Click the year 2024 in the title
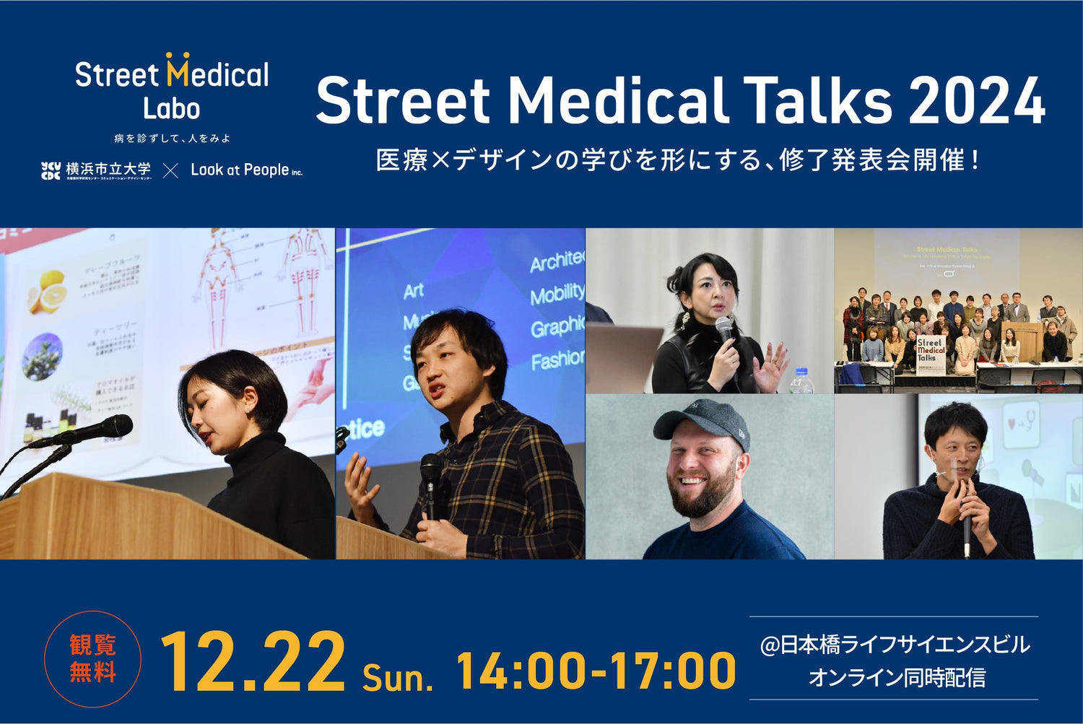point(977,102)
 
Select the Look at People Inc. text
point(245,170)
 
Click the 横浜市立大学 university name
point(108,170)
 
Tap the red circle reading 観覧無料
point(92,658)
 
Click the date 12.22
point(253,663)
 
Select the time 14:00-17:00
point(596,671)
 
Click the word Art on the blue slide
point(413,291)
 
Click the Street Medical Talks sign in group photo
point(931,352)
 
